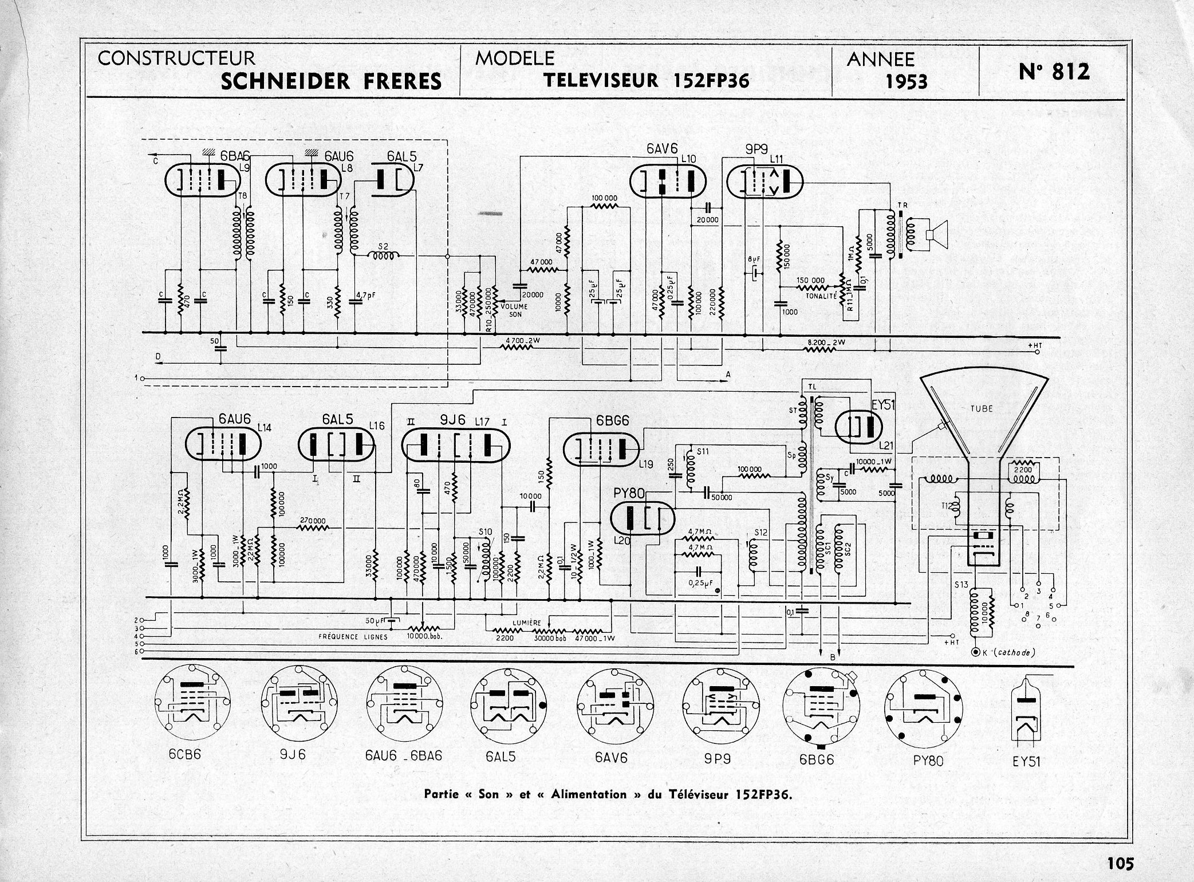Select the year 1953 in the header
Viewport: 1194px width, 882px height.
pyautogui.click(x=907, y=82)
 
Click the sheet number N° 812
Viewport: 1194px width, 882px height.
pyautogui.click(x=1054, y=72)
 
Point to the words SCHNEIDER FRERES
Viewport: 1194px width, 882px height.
pyautogui.click(x=331, y=81)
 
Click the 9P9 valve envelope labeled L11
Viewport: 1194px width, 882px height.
pyautogui.click(x=764, y=183)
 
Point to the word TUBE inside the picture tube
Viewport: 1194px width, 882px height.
pyautogui.click(x=982, y=409)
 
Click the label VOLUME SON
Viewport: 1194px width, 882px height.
pyautogui.click(x=514, y=310)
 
